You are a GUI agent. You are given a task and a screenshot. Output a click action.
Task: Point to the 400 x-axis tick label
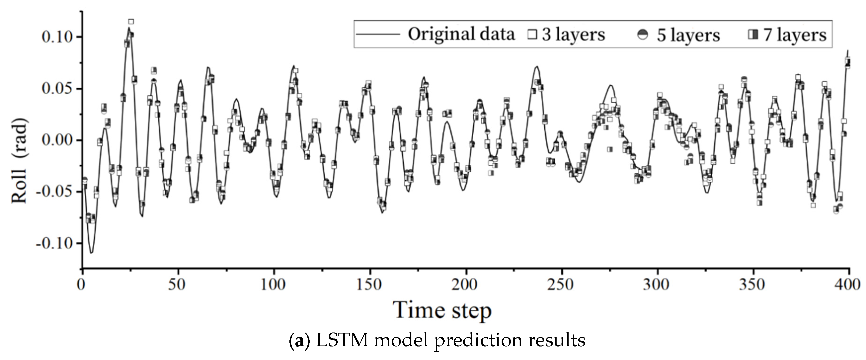(x=848, y=285)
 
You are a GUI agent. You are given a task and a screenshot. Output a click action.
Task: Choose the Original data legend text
(x=461, y=34)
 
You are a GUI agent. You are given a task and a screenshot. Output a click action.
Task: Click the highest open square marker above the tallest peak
(x=131, y=22)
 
